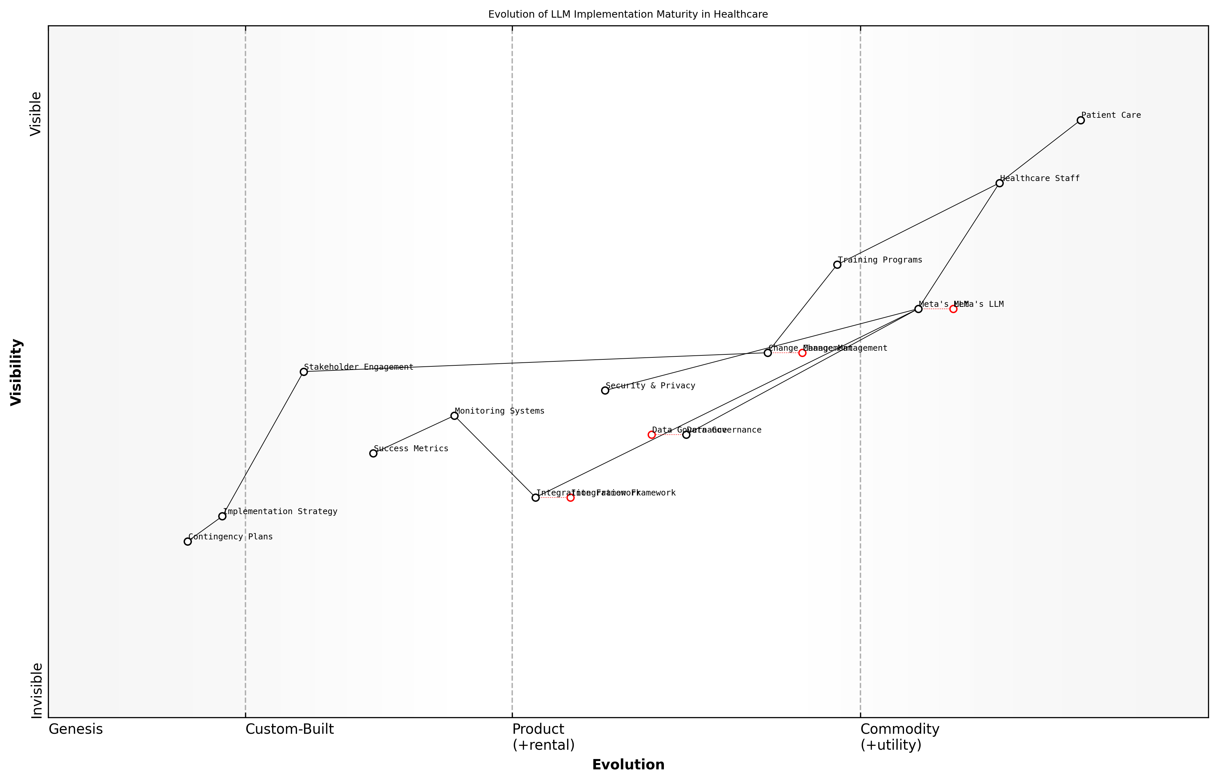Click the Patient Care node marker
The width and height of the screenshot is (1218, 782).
pos(1080,120)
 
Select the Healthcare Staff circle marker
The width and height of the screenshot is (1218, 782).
pos(999,183)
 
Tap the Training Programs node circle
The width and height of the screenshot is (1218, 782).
pos(837,265)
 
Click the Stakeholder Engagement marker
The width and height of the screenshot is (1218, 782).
pos(303,372)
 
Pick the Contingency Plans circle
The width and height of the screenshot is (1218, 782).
pos(188,541)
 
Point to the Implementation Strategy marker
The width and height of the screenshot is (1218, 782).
pos(222,516)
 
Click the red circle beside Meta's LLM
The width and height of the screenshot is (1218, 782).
pos(953,309)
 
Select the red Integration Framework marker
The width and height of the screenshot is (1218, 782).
pos(570,497)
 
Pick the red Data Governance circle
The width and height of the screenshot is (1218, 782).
pos(652,435)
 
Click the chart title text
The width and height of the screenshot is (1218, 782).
pos(628,15)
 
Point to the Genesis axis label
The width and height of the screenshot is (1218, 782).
pos(76,729)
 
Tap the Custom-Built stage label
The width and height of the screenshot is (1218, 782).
pos(289,729)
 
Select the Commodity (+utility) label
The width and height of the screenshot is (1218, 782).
pos(899,737)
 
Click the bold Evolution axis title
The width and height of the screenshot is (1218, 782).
pos(628,765)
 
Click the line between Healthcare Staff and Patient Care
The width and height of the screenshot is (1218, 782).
pos(1040,152)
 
